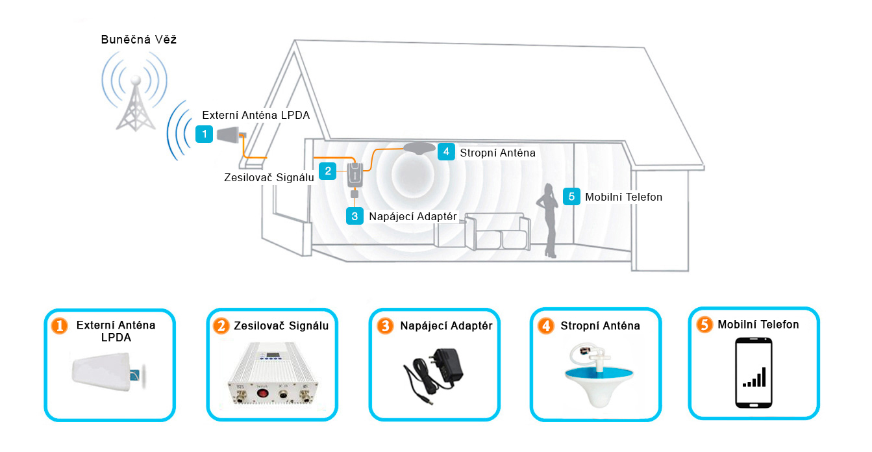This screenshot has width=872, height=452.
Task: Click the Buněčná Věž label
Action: tap(138, 40)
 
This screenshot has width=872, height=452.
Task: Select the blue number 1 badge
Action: tap(205, 134)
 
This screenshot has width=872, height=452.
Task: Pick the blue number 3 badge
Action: tap(355, 216)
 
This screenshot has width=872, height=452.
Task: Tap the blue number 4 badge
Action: tap(445, 152)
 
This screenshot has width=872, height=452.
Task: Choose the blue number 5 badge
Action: tap(571, 196)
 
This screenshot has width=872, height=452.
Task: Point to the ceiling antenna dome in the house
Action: tap(419, 149)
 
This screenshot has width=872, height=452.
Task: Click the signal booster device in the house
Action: tap(356, 175)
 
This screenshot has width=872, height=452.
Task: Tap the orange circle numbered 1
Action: tap(59, 326)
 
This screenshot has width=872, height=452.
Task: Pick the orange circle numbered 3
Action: tap(384, 326)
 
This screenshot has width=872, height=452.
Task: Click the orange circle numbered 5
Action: tap(704, 325)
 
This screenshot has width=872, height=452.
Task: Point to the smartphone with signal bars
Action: tap(753, 373)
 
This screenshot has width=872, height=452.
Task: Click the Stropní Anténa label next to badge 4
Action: tap(497, 153)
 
